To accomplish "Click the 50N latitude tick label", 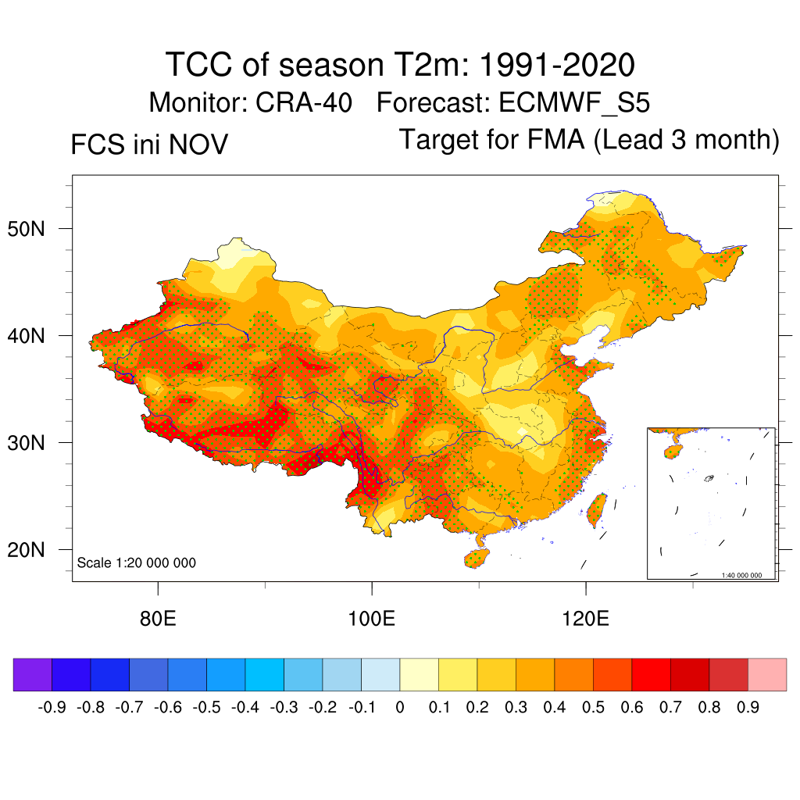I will (x=34, y=229).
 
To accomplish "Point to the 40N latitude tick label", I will (x=34, y=336).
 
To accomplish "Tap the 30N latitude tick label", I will (x=34, y=443).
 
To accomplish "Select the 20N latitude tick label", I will (x=34, y=550).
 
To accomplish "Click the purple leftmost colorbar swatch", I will (x=33, y=675).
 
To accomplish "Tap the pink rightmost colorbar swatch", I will (x=767, y=675).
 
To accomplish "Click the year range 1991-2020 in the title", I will (x=555, y=65).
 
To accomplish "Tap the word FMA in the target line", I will (x=554, y=140).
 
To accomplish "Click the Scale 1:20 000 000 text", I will (x=137, y=563).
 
